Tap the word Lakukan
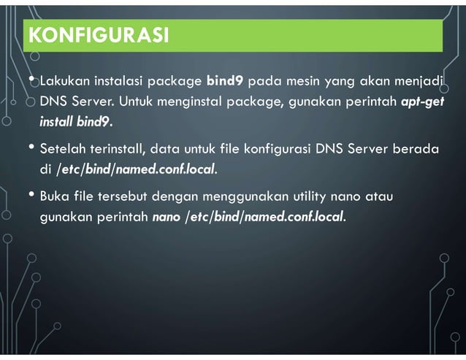pyautogui.click(x=64, y=80)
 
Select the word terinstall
pyautogui.click(x=115, y=150)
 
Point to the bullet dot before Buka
pyautogui.click(x=31, y=195)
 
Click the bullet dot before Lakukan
pyautogui.click(x=31, y=78)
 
